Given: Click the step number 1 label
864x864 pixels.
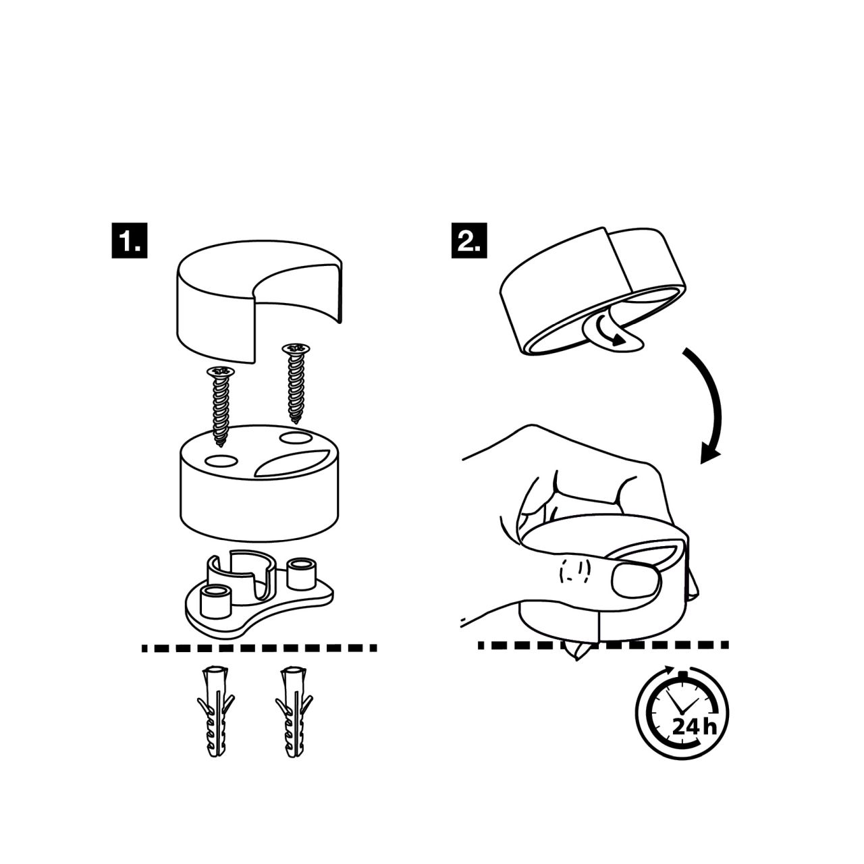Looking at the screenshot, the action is pos(129,240).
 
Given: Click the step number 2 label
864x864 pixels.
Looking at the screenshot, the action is pos(469,240).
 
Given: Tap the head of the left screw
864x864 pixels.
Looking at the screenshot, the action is pos(221,371).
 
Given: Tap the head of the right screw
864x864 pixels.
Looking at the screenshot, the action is pos(296,348).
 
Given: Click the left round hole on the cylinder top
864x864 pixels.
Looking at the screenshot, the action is pos(221,461).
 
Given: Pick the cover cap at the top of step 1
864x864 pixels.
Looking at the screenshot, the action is pos(259,300).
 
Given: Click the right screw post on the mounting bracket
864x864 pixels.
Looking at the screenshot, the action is pos(302,574).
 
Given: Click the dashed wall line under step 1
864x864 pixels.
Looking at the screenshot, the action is pos(259,648).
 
